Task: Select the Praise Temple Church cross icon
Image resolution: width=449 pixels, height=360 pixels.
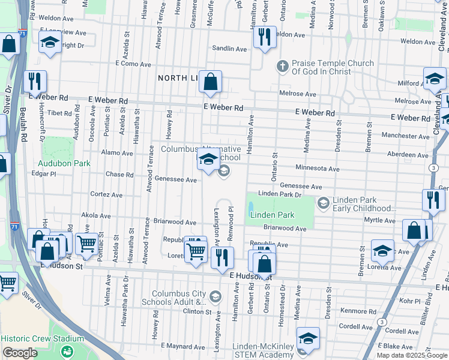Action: click(283, 65)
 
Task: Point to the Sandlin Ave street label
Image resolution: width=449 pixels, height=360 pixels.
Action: click(229, 49)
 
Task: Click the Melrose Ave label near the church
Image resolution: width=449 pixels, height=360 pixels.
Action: click(297, 94)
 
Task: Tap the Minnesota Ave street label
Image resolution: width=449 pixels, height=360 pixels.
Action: click(317, 169)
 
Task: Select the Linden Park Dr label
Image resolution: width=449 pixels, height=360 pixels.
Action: click(279, 194)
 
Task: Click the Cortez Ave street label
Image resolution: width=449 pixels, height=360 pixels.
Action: click(106, 195)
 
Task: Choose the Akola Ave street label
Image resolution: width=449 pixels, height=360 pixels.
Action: click(95, 215)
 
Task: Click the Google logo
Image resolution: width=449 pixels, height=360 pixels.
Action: click(20, 353)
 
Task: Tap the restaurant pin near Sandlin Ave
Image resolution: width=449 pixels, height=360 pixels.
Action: click(264, 37)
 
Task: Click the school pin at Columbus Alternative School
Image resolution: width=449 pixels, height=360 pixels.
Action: click(208, 159)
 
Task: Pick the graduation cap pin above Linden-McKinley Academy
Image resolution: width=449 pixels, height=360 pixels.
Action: click(308, 338)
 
